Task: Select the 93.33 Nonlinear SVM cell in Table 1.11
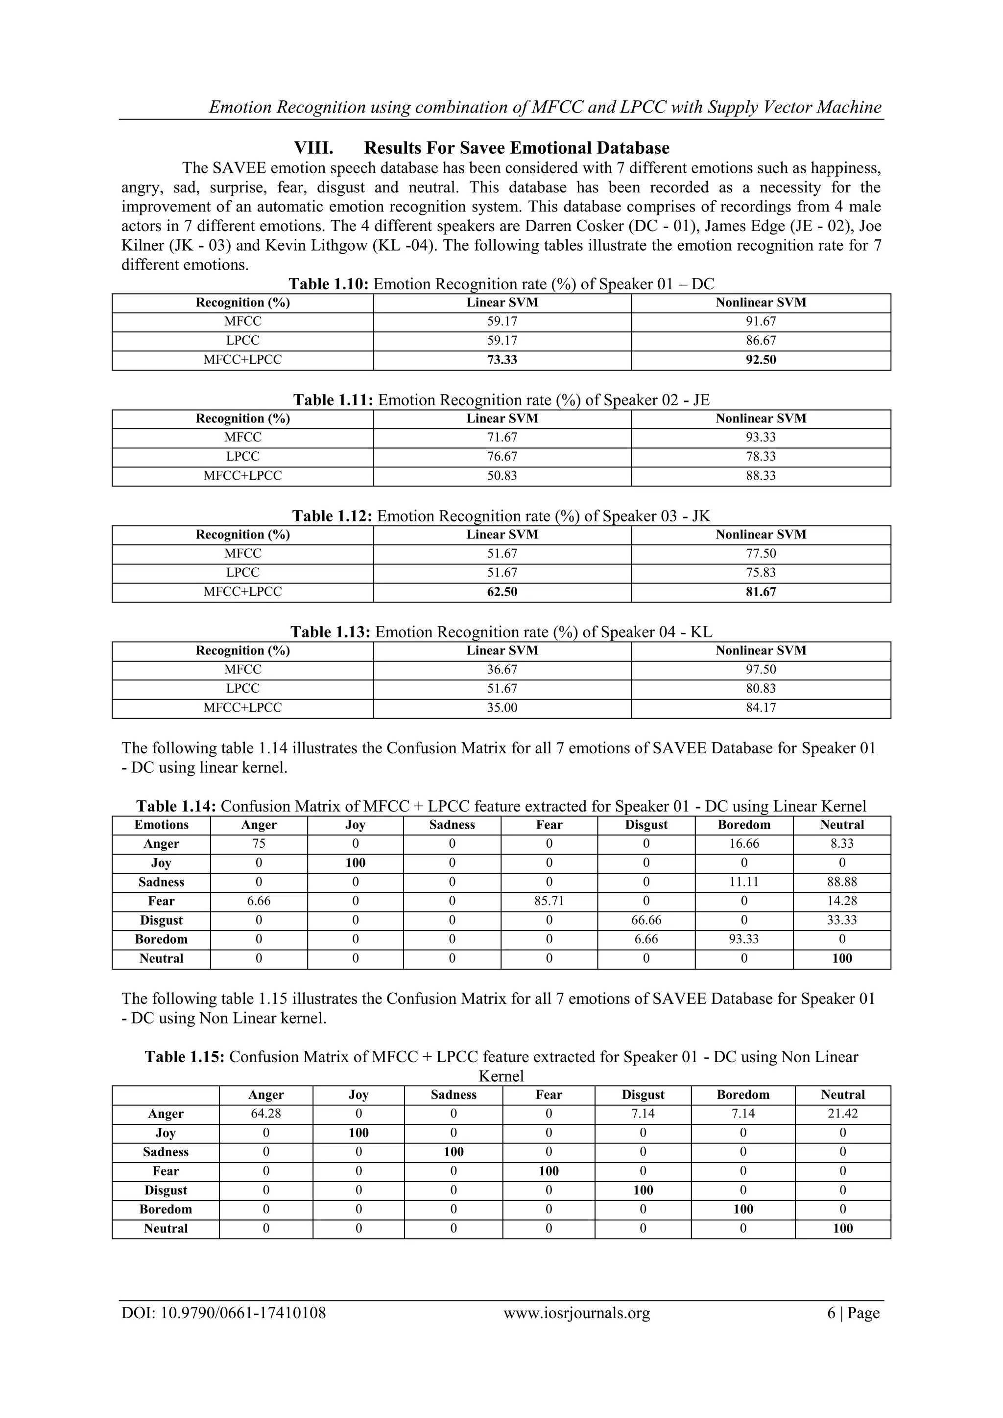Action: (x=761, y=437)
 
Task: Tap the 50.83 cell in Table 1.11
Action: (x=502, y=476)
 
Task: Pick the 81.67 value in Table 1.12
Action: (x=761, y=592)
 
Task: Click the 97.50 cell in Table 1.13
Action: (x=761, y=670)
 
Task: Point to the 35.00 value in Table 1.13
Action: (x=502, y=708)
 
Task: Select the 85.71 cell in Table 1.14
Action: (x=549, y=901)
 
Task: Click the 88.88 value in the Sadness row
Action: (x=842, y=882)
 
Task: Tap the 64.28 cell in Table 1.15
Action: (x=266, y=1114)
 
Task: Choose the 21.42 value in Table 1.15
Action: (x=842, y=1114)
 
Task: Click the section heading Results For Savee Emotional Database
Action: (x=516, y=148)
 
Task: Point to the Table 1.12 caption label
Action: (x=332, y=516)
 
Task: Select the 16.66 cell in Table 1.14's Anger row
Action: (x=743, y=844)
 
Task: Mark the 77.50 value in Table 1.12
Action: (x=761, y=554)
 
